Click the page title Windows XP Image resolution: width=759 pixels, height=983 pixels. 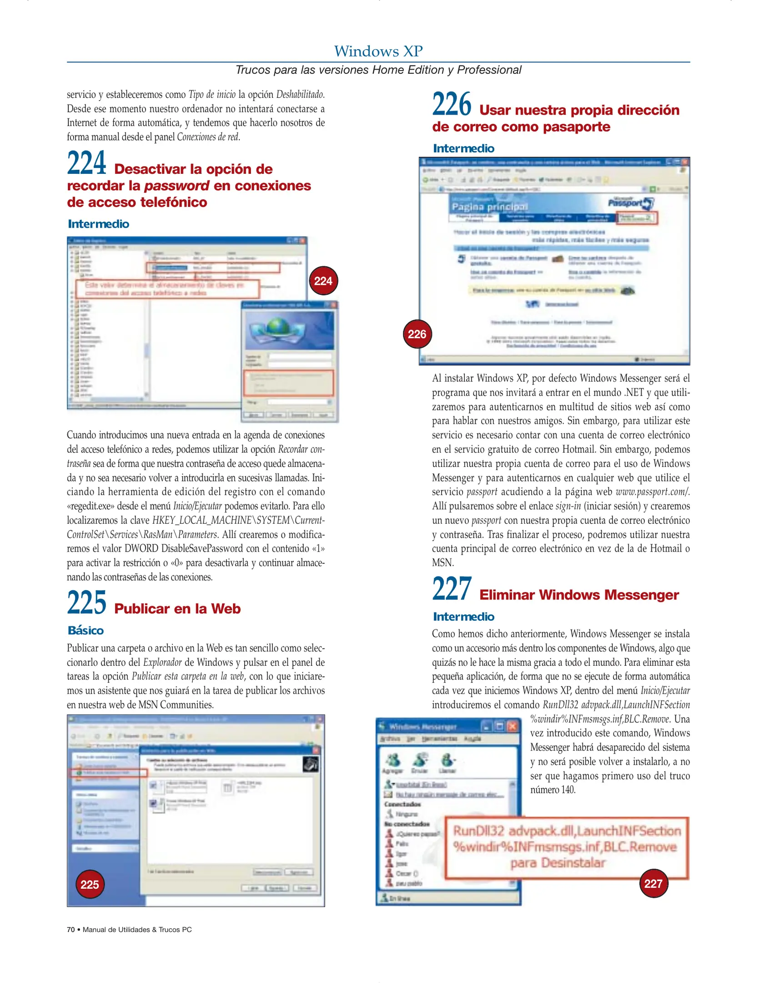[378, 51]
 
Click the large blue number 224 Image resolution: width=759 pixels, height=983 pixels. [86, 163]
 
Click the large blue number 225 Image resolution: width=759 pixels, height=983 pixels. [86, 603]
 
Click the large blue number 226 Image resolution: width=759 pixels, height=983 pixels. [452, 104]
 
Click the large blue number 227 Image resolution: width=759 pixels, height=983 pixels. [452, 589]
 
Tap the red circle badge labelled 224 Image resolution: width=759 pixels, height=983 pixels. [323, 281]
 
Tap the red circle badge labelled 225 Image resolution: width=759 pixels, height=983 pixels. [90, 884]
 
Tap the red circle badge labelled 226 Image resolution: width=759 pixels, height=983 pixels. [417, 334]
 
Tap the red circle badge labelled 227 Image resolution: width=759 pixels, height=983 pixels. [653, 883]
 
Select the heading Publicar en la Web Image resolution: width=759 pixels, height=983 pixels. [177, 608]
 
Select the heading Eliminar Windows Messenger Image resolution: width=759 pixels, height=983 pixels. [578, 595]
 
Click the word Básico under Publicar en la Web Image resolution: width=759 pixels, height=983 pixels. [85, 630]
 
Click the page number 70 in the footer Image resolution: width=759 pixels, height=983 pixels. [70, 929]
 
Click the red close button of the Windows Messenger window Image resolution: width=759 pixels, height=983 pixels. [513, 726]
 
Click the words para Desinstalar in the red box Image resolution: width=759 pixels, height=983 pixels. [558, 862]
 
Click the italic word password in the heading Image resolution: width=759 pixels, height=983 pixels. [176, 186]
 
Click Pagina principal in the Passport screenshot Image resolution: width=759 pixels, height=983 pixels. [489, 207]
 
